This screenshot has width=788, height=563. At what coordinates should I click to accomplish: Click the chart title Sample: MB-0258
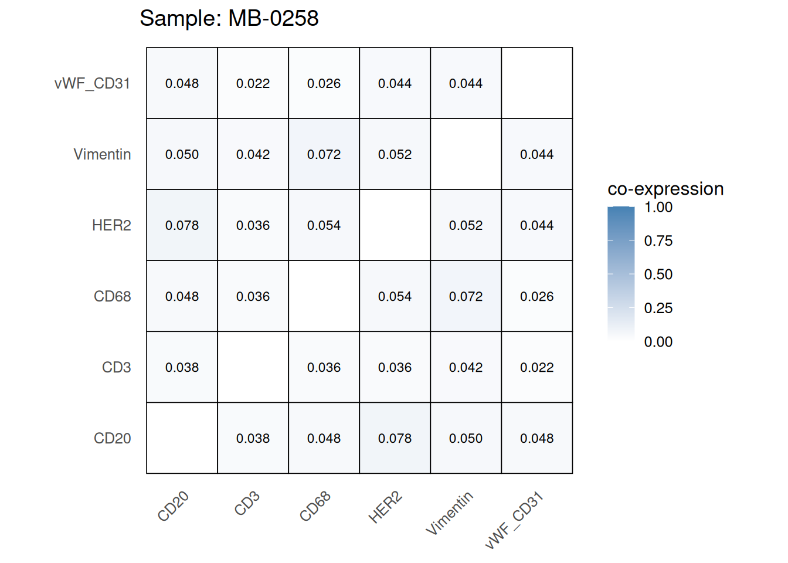(229, 19)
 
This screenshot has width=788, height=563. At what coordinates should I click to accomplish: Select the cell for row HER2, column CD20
(182, 225)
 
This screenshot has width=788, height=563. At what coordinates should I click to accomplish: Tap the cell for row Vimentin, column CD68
(324, 154)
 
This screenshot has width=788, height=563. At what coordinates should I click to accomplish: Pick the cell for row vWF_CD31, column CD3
(253, 83)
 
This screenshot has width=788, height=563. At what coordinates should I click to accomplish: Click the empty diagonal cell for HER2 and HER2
(395, 225)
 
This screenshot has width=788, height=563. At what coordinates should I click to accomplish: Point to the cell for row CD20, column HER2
(395, 438)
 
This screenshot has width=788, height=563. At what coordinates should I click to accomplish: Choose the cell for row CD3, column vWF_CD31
(536, 367)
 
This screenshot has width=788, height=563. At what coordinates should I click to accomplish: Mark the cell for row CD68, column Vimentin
(466, 296)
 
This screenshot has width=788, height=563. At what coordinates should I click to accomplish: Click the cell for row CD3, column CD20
(182, 367)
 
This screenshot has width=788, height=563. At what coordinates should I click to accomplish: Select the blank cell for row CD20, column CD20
(182, 438)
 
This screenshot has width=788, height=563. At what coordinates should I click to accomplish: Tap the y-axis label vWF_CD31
(92, 83)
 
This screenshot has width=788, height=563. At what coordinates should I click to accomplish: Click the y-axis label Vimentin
(102, 154)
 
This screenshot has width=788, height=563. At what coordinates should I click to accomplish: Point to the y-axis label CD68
(112, 296)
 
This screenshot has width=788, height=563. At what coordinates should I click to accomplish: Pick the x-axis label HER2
(385, 508)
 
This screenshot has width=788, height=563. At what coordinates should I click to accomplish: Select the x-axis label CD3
(247, 504)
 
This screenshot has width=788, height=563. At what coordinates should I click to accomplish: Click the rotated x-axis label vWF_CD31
(514, 521)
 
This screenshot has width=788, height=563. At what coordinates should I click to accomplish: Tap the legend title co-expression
(665, 189)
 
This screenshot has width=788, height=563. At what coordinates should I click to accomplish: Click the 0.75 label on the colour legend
(658, 240)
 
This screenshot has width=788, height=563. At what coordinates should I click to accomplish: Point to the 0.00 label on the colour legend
(658, 342)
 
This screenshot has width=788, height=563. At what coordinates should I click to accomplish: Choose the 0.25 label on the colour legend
(658, 308)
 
